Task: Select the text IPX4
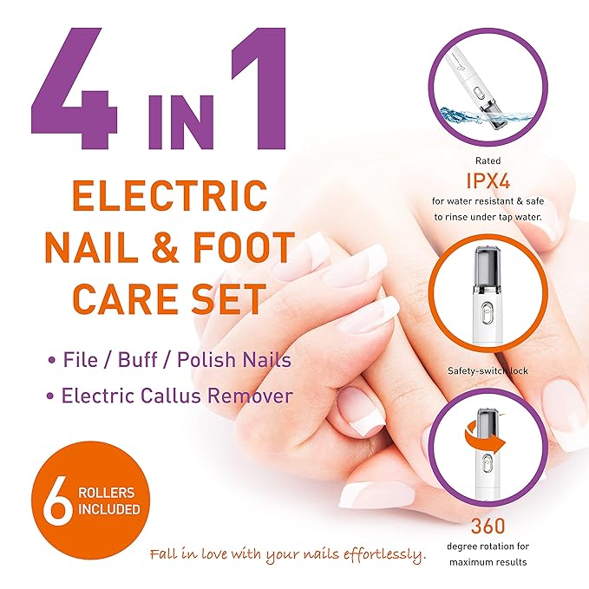coord(493,183)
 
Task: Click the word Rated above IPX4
coord(492,160)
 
